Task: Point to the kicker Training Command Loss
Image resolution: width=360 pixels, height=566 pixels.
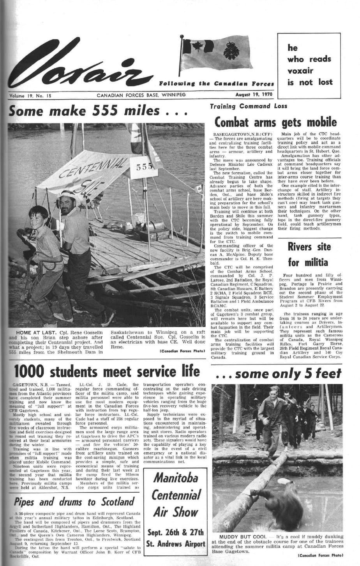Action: [x=248, y=106]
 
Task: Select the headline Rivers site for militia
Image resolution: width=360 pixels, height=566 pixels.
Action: [x=309, y=254]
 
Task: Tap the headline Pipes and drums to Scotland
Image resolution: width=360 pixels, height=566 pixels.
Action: [x=74, y=501]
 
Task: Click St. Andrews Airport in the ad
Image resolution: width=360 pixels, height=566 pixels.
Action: [x=175, y=544]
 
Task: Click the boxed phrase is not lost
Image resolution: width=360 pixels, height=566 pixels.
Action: [x=310, y=82]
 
